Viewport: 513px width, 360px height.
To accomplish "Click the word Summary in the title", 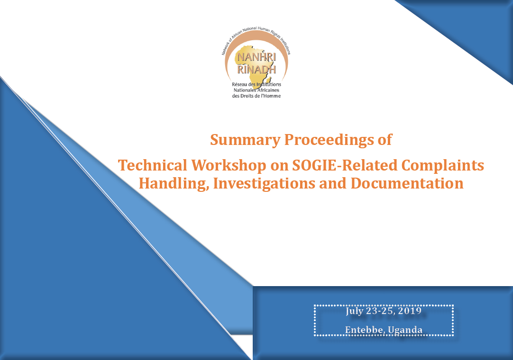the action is [245, 140].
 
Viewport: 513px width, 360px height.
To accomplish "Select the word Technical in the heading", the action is [152, 165].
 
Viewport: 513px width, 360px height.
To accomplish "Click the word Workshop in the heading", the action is [229, 165].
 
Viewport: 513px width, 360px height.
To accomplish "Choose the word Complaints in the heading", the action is [442, 166].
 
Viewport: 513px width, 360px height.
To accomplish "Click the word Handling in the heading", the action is [174, 183].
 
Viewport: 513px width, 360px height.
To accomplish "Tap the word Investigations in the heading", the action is [264, 183].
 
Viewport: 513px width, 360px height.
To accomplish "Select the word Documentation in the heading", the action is [407, 183].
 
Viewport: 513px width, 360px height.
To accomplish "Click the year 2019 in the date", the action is [410, 310].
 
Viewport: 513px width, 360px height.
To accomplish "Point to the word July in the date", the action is [354, 311].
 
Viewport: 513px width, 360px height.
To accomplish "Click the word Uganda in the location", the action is [405, 330].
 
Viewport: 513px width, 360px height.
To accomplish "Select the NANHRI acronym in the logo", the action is [256, 57].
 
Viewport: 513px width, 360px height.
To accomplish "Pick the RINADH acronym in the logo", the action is [256, 69].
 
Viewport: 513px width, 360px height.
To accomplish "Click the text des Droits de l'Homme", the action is [256, 96].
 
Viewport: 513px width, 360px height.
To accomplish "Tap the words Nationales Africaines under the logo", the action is [256, 90].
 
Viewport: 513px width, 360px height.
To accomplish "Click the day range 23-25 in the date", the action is [381, 310].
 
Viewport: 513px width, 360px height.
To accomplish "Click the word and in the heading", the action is [333, 183].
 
